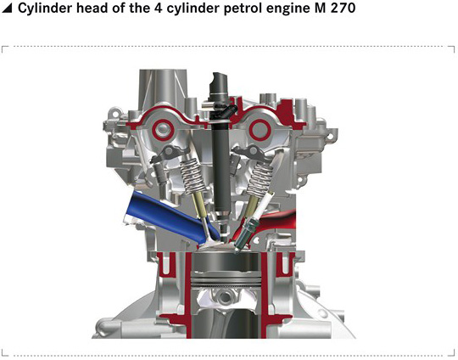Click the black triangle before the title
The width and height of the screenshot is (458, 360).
tap(7, 8)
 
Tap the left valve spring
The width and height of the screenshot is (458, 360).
tap(193, 176)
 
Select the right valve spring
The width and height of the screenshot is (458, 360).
tap(260, 179)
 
